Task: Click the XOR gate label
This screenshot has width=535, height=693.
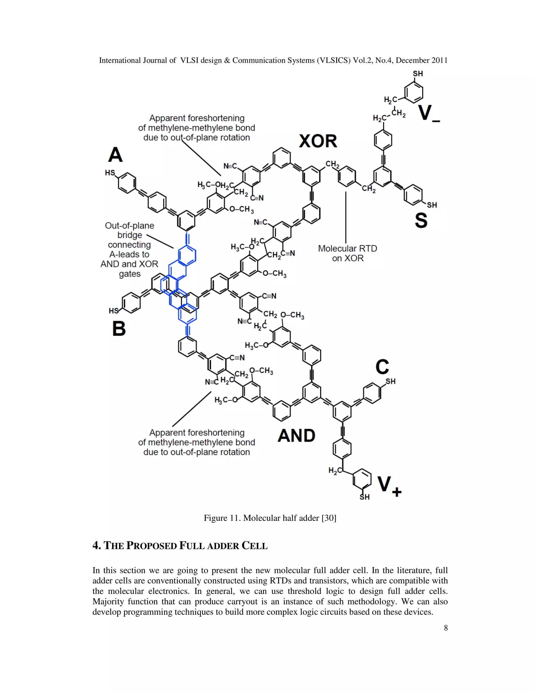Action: [x=318, y=141]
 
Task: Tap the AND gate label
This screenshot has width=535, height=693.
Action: [x=296, y=435]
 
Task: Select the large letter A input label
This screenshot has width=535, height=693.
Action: [x=115, y=155]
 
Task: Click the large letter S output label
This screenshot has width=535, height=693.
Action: [x=421, y=220]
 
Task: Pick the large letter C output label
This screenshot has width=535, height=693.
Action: [x=382, y=367]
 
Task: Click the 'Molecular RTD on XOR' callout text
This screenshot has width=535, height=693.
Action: [x=347, y=253]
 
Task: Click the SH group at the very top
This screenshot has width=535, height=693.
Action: [x=418, y=74]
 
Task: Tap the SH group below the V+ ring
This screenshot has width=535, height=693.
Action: [x=364, y=497]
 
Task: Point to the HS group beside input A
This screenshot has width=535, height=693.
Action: [x=110, y=173]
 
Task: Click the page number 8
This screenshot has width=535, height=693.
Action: [x=446, y=628]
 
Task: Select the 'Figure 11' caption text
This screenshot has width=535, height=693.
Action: [x=270, y=518]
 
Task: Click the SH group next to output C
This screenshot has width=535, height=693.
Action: [x=391, y=381]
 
